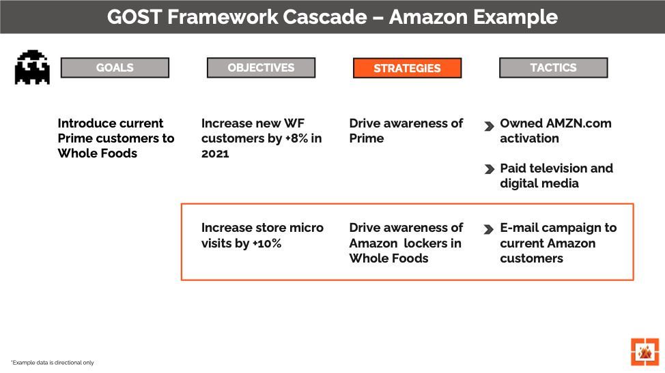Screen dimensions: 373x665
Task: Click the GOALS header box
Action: tap(115, 68)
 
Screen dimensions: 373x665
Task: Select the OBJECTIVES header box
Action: tap(261, 68)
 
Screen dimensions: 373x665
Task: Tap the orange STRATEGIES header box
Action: tap(407, 68)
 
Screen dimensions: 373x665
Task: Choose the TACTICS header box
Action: tap(553, 68)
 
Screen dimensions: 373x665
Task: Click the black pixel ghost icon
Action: tap(32, 67)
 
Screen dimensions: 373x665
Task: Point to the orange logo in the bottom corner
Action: tap(644, 351)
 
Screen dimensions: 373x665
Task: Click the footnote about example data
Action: tap(52, 363)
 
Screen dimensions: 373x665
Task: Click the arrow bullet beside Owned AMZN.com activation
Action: tap(489, 126)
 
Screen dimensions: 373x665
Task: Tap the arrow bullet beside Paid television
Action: tap(489, 169)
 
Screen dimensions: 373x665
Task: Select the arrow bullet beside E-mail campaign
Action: tap(489, 229)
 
